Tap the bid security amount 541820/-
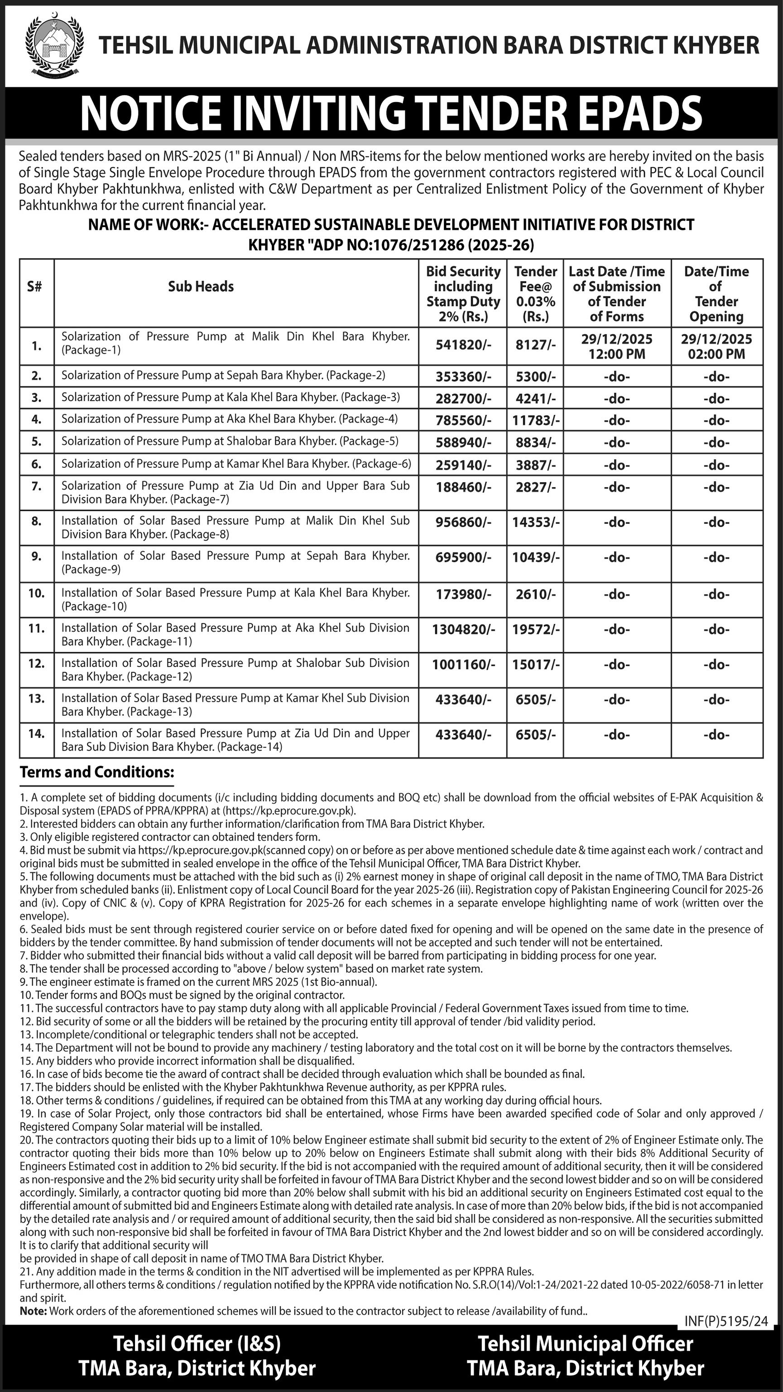click(x=463, y=345)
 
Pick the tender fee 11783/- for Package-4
click(x=536, y=420)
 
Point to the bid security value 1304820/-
click(x=463, y=630)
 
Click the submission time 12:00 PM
click(x=617, y=354)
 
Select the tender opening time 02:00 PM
click(x=716, y=354)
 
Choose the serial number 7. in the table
click(x=36, y=486)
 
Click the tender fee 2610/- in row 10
click(x=536, y=594)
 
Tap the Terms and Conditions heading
click(x=97, y=772)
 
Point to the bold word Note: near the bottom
click(x=33, y=1311)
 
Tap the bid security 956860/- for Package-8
click(x=463, y=523)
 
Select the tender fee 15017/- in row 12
click(x=536, y=664)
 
